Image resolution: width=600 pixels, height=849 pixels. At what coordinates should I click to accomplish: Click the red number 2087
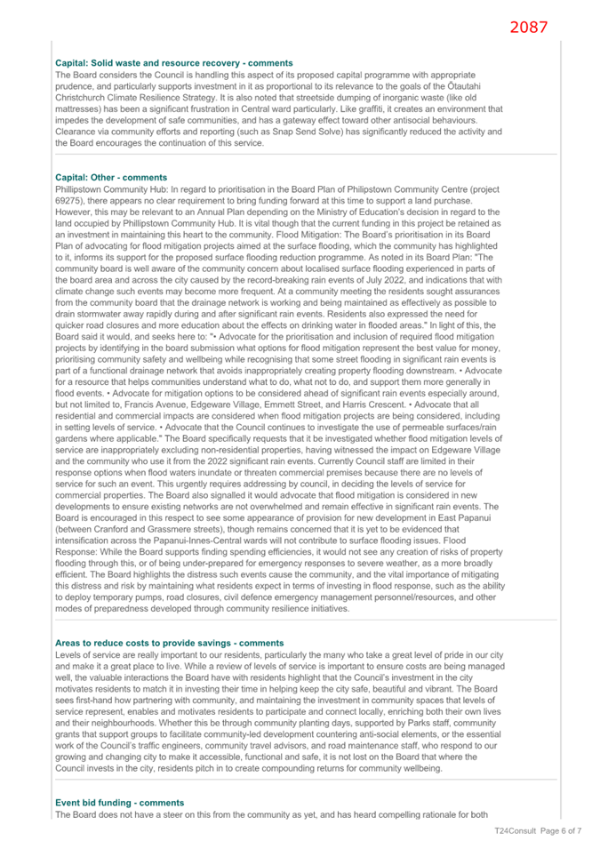pos(529,27)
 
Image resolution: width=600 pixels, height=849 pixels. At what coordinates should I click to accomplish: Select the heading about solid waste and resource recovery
pos(174,63)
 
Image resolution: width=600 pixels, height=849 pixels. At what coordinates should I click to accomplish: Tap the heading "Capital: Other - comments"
pos(111,178)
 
